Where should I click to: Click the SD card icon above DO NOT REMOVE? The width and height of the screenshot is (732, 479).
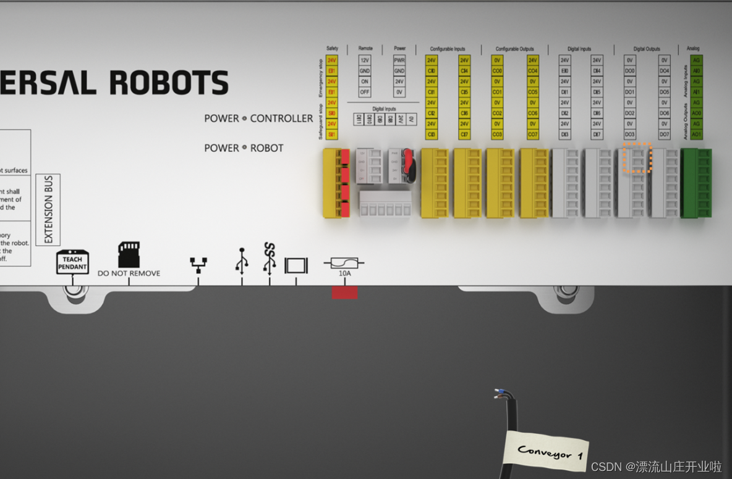[x=129, y=254]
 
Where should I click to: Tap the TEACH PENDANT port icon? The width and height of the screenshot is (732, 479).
[x=72, y=262]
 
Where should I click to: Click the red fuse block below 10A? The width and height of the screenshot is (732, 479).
[x=344, y=293]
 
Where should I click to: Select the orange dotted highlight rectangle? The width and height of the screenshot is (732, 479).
[x=637, y=158]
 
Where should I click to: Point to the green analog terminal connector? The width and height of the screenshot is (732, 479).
[x=696, y=183]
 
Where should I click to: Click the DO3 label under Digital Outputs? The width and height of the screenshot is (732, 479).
[x=630, y=135]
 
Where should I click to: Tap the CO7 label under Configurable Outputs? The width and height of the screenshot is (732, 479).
[x=532, y=135]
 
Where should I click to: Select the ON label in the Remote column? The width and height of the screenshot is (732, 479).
[x=365, y=81]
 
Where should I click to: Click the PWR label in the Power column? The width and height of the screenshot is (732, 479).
[x=399, y=60]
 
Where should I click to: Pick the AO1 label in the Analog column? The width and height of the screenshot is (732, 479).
[x=696, y=135]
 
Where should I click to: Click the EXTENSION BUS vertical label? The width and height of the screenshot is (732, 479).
[x=48, y=210]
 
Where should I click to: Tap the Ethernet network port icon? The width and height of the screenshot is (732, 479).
[x=198, y=265]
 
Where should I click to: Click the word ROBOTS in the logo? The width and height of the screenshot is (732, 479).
[x=169, y=83]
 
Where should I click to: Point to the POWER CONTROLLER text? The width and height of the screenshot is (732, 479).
[x=258, y=119]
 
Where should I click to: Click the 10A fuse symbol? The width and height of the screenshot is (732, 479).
[x=344, y=264]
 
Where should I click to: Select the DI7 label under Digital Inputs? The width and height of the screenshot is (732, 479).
[x=597, y=135]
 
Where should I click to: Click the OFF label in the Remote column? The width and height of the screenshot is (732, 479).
[x=365, y=92]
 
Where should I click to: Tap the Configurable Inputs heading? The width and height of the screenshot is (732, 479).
[x=448, y=49]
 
